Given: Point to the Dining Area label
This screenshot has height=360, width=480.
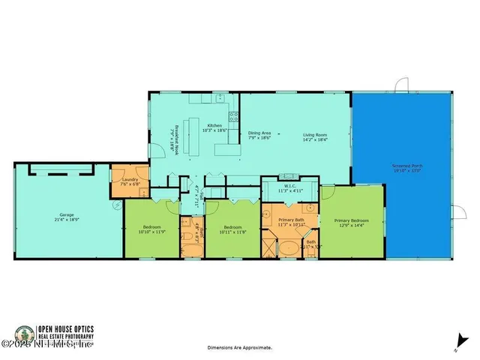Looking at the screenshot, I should [259, 133].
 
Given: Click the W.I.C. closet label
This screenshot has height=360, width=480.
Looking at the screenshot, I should [289, 186].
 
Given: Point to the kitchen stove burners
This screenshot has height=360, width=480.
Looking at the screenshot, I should [233, 116].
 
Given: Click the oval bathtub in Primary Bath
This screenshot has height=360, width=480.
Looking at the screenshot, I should [286, 247].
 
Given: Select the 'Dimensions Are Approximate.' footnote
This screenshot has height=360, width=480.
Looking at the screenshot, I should [240, 348].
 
